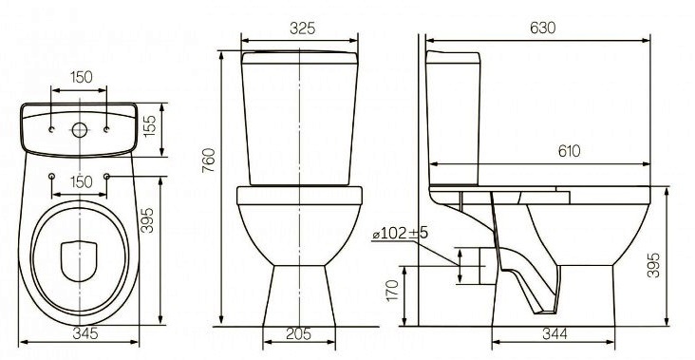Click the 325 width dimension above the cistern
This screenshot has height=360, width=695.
pos(303,28)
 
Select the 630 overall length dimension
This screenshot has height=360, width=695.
pos(542,28)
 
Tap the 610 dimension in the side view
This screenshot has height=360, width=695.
pos(569,151)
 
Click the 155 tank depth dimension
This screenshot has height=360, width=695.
pos(150,126)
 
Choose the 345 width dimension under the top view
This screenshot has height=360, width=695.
pos(85,333)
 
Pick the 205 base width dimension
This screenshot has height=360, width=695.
pos(298,333)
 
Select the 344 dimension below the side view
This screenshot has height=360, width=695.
pos(554,333)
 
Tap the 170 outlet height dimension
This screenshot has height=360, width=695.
pos(393,290)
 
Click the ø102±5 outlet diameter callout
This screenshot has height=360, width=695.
pos(400,233)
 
